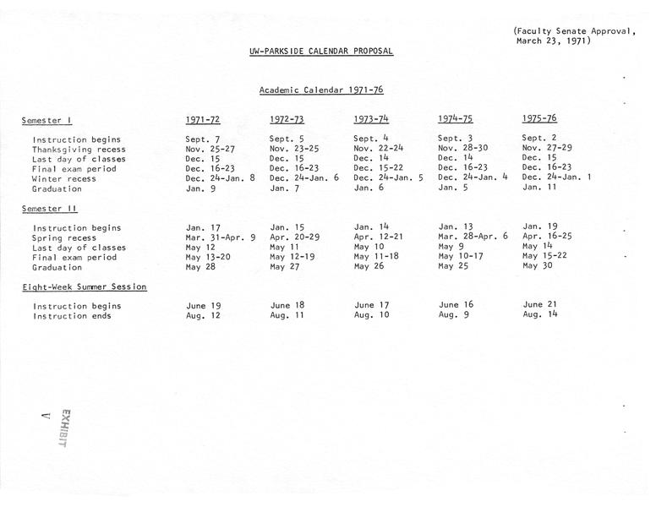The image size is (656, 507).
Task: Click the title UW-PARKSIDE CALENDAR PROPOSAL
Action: point(321,51)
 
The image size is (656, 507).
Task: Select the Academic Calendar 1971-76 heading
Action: point(321,90)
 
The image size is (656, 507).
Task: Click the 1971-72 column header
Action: point(204,119)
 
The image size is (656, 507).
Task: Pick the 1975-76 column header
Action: point(539,118)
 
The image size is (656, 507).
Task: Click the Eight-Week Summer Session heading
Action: point(85,287)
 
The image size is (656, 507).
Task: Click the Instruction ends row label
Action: point(71,316)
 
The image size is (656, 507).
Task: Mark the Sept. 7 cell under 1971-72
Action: point(203,139)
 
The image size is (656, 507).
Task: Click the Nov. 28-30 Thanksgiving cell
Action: point(463,148)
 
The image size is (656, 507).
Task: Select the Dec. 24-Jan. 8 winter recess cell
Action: point(221,178)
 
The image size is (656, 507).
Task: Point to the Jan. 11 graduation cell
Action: point(538,188)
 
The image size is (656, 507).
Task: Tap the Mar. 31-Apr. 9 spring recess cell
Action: point(221,237)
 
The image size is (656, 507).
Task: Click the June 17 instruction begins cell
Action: point(371,305)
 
